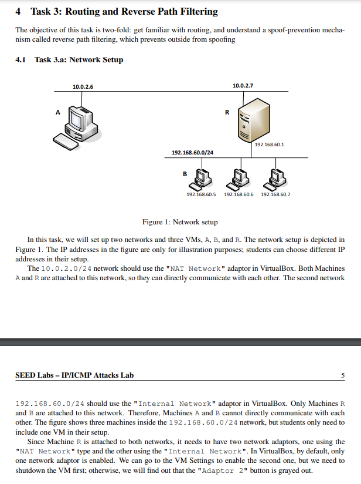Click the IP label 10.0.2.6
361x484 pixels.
click(x=83, y=86)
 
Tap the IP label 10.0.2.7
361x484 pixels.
click(x=243, y=86)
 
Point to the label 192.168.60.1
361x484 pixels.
click(x=270, y=144)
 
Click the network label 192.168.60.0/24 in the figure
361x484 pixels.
click(x=192, y=152)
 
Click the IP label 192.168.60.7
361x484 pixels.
click(x=275, y=194)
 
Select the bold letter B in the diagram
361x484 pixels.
click(x=185, y=174)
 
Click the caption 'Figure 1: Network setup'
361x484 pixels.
click(x=180, y=222)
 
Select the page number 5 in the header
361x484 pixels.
click(x=343, y=375)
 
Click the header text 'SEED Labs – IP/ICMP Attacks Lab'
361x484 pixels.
click(x=74, y=375)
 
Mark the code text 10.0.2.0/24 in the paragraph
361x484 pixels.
click(x=66, y=268)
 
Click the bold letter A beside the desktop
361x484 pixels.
click(x=57, y=111)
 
